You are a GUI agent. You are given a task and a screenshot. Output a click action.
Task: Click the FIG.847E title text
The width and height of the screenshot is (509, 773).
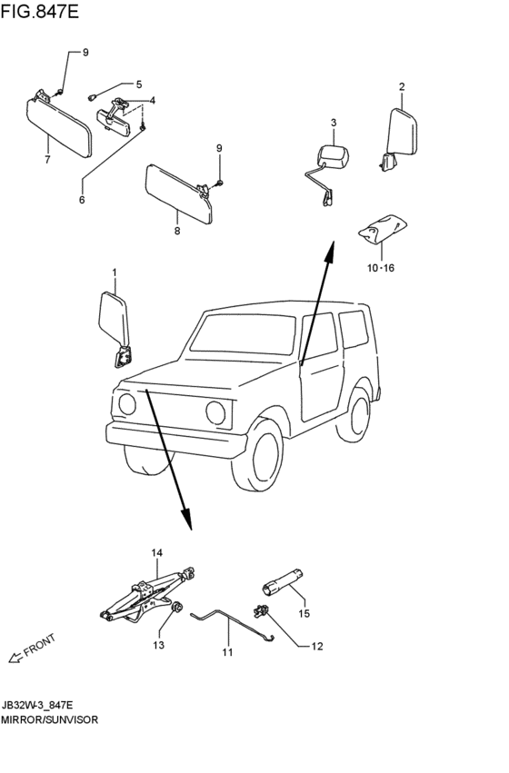[39, 11]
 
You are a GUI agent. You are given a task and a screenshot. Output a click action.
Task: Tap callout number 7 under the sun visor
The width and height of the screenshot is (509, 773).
[47, 160]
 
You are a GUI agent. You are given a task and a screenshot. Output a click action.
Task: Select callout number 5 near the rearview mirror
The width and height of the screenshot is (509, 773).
[138, 84]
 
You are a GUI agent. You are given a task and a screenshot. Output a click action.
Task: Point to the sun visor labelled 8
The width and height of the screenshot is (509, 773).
[179, 193]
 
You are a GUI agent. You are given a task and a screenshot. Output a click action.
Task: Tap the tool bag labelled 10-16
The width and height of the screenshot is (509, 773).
[383, 229]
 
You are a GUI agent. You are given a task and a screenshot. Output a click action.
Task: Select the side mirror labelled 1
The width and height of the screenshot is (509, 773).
[115, 330]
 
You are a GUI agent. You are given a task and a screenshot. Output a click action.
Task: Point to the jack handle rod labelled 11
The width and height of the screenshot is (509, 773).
[232, 623]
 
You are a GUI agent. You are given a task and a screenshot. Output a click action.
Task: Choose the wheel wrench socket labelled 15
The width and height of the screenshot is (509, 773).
[282, 582]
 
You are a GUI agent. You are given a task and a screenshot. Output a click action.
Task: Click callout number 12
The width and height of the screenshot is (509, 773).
[317, 646]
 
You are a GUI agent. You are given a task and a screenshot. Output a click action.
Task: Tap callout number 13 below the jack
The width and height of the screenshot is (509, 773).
[158, 645]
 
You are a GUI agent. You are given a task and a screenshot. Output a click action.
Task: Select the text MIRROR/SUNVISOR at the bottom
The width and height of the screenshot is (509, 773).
[49, 719]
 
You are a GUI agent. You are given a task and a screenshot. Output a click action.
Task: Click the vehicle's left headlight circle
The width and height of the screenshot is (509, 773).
[127, 403]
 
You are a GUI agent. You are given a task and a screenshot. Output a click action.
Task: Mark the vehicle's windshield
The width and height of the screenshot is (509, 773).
[243, 335]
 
